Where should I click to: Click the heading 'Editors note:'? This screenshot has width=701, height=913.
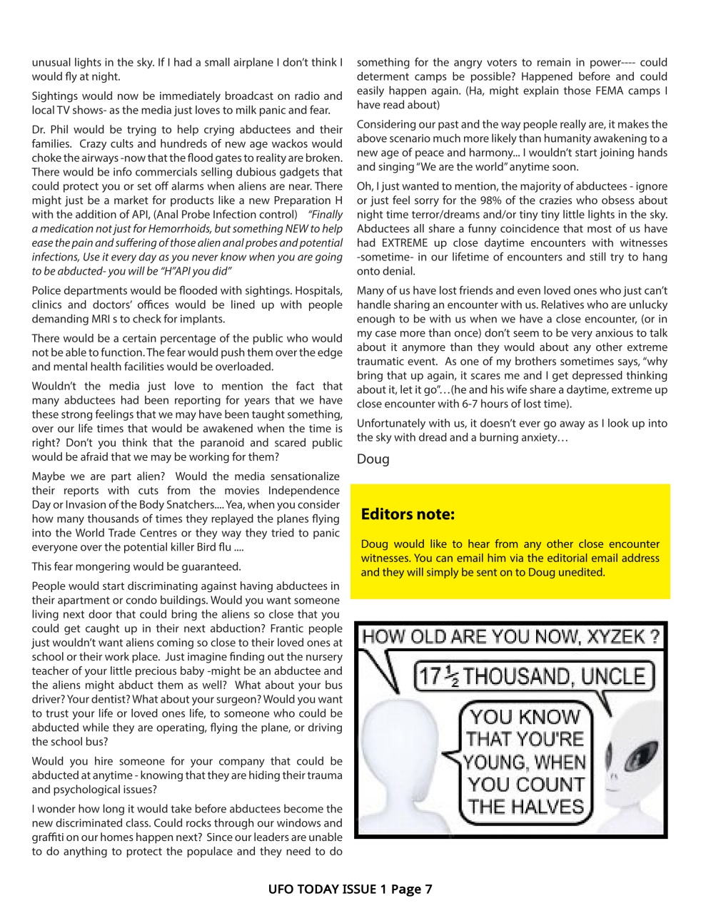408,514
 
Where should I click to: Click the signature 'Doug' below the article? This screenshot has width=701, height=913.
373,459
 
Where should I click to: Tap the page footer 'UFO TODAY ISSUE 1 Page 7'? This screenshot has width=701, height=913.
350,889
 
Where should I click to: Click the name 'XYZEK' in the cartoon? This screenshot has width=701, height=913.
616,636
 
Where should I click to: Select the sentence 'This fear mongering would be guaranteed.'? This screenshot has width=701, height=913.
136,566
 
